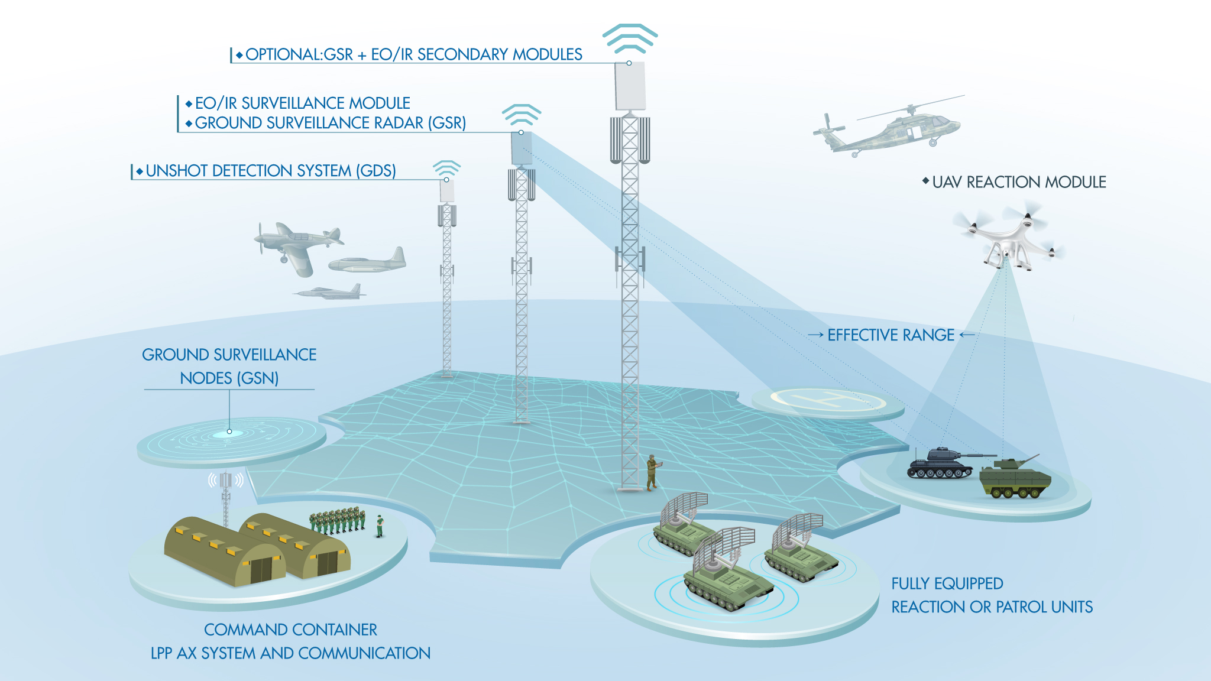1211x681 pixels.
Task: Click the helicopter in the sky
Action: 887,127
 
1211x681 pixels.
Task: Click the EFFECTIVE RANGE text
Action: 891,335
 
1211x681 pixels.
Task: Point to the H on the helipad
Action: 828,400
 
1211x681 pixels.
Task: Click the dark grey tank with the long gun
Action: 944,463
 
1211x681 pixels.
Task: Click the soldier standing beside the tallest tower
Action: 652,472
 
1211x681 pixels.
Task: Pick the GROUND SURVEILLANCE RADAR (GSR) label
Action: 331,123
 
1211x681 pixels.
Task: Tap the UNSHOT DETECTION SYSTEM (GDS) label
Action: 271,171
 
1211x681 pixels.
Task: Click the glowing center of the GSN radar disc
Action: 229,433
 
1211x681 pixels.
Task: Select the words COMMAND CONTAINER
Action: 290,630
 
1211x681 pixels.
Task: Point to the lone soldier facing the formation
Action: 380,526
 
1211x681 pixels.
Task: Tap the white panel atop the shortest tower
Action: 447,190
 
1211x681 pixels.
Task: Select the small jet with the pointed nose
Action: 330,291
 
